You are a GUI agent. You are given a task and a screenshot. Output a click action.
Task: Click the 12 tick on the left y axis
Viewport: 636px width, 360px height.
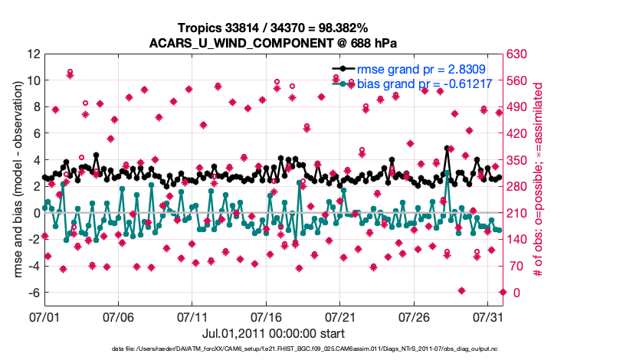coord(32,54)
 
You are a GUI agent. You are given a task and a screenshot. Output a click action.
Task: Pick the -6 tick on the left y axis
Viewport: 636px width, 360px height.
coord(31,293)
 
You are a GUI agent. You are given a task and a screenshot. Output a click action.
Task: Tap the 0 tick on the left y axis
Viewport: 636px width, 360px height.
coord(35,213)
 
